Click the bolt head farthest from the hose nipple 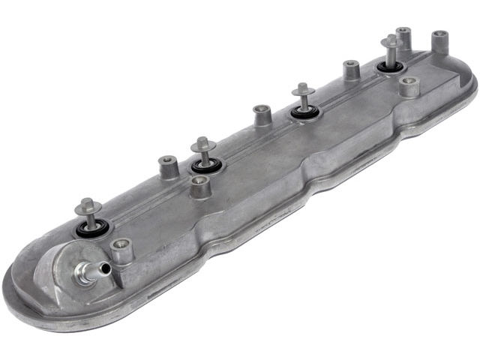(x=391, y=41)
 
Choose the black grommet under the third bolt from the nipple (x=304, y=112)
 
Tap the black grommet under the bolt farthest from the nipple (x=390, y=67)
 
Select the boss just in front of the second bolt (x=199, y=184)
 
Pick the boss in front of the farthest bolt (x=409, y=86)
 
